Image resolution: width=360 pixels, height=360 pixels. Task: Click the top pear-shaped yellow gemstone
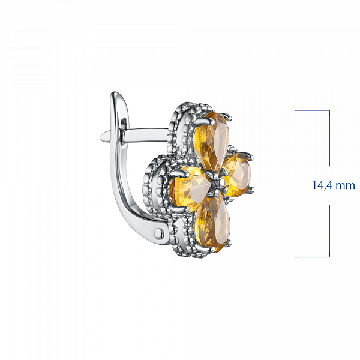click(x=212, y=141)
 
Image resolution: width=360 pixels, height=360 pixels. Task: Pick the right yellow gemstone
click(x=237, y=175)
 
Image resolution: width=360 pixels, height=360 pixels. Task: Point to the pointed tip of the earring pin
click(x=100, y=137)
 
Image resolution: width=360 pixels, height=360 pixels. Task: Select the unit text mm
click(x=346, y=186)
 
